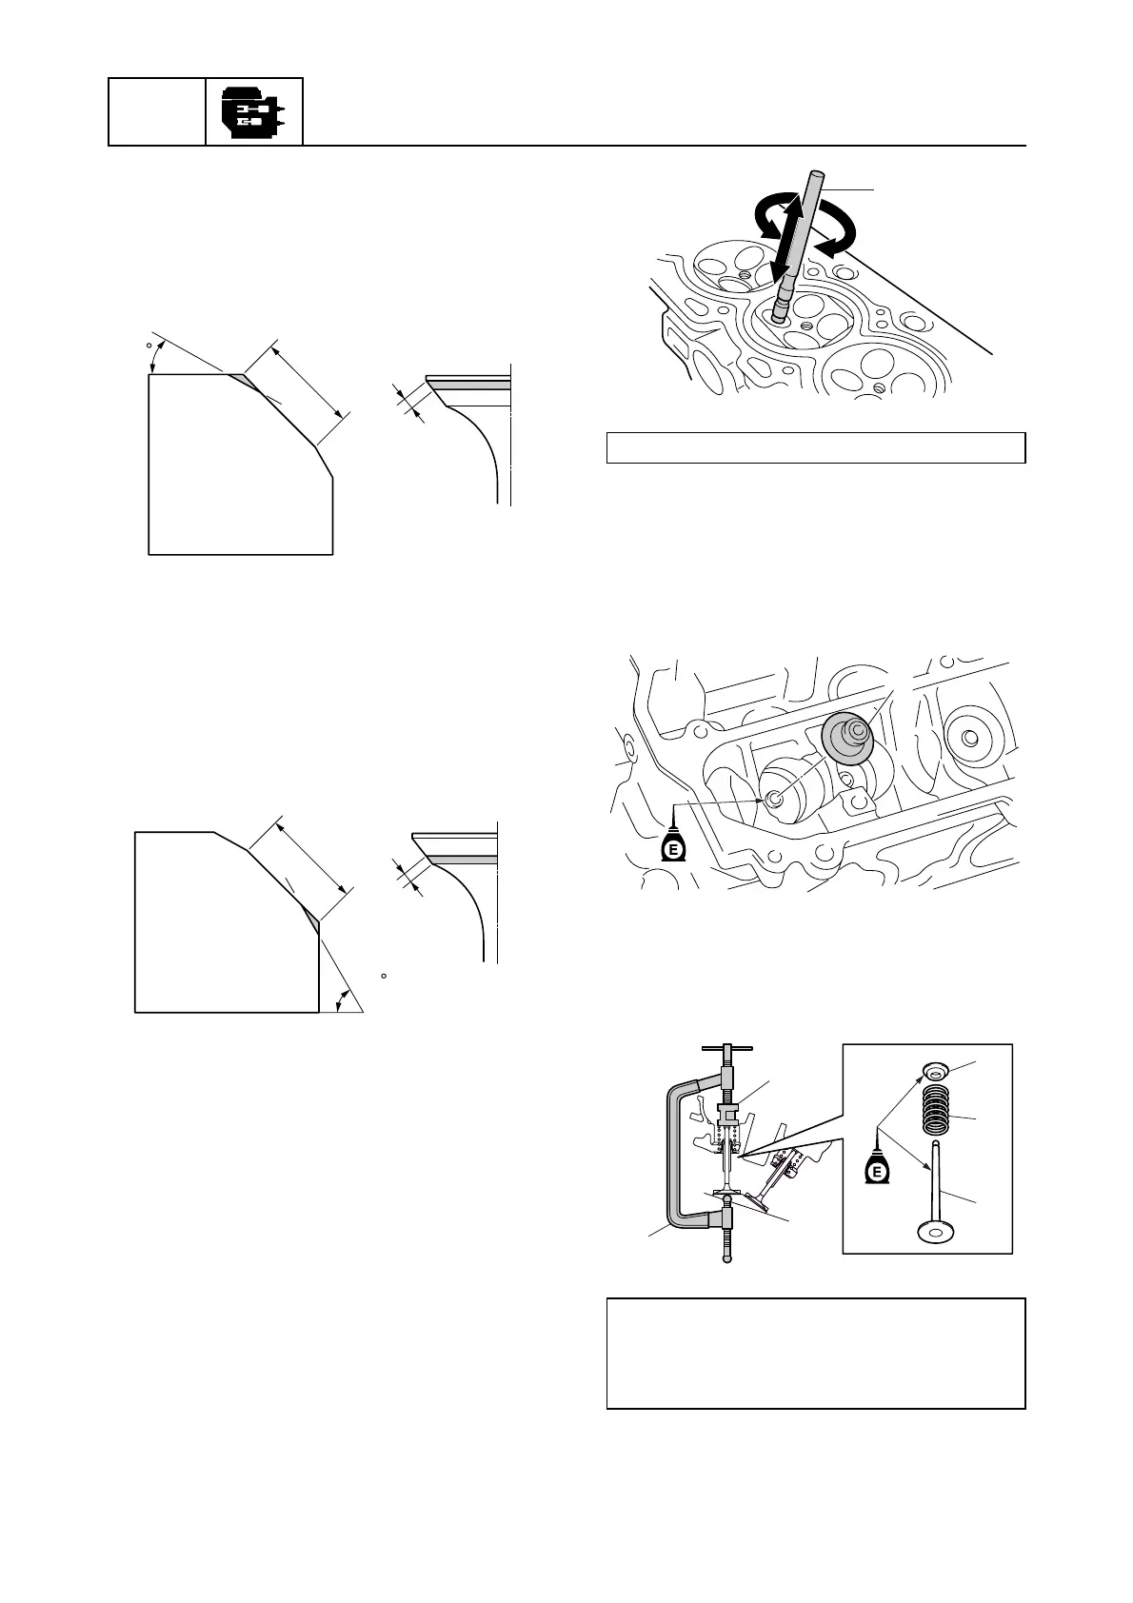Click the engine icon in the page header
click(253, 111)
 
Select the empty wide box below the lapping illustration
click(816, 448)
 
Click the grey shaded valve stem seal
click(845, 739)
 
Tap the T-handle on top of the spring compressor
click(726, 1049)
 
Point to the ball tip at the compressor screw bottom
click(727, 1261)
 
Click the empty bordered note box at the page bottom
click(816, 1353)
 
